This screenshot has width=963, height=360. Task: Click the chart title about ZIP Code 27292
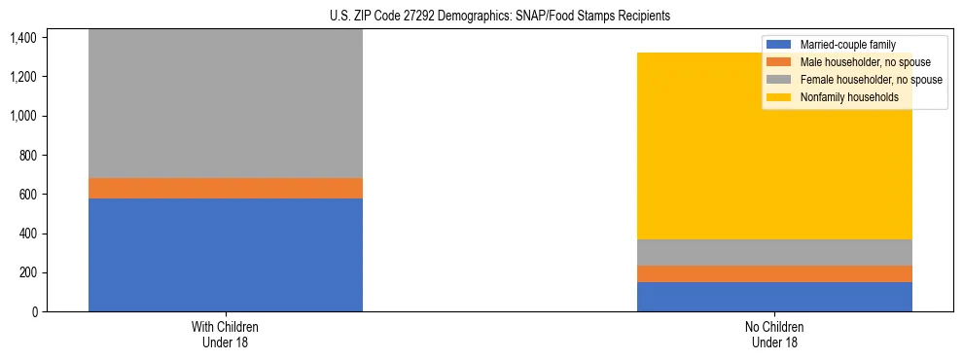click(x=481, y=17)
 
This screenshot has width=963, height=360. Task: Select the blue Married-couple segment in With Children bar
click(x=226, y=255)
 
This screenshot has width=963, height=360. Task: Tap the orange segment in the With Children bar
click(x=226, y=188)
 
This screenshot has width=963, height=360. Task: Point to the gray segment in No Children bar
click(x=774, y=252)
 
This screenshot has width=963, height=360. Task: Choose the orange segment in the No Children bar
click(x=774, y=273)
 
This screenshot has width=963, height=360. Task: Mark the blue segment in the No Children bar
click(x=774, y=297)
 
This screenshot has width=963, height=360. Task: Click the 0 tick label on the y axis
click(x=35, y=312)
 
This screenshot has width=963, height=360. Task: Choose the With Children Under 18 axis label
click(x=226, y=335)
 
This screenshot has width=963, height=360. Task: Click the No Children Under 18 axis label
click(x=774, y=335)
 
